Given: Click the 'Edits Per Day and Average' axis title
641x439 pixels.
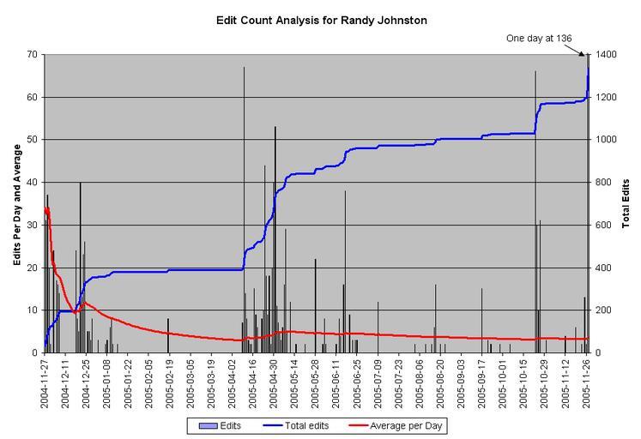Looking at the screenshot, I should point(16,202).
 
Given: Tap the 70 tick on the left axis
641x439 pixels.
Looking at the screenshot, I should point(32,55).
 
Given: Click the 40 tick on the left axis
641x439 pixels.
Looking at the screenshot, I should point(32,182).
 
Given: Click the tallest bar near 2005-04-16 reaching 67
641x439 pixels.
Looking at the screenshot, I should point(244,206).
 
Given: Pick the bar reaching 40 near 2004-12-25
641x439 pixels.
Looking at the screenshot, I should point(81,266).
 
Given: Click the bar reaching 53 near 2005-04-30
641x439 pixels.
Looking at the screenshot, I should point(275,240).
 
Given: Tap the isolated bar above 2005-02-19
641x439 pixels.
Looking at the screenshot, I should point(168,335).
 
